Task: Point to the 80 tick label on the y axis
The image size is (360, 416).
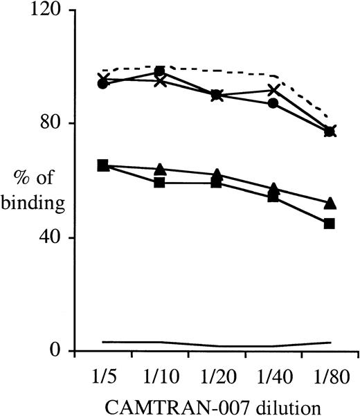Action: (48, 123)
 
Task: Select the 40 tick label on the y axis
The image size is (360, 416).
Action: (48, 237)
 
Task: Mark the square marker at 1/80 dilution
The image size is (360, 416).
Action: (330, 223)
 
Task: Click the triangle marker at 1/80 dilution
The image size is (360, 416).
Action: (330, 203)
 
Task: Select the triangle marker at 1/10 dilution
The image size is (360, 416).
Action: (159, 170)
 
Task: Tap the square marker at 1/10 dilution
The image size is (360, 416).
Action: (159, 183)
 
